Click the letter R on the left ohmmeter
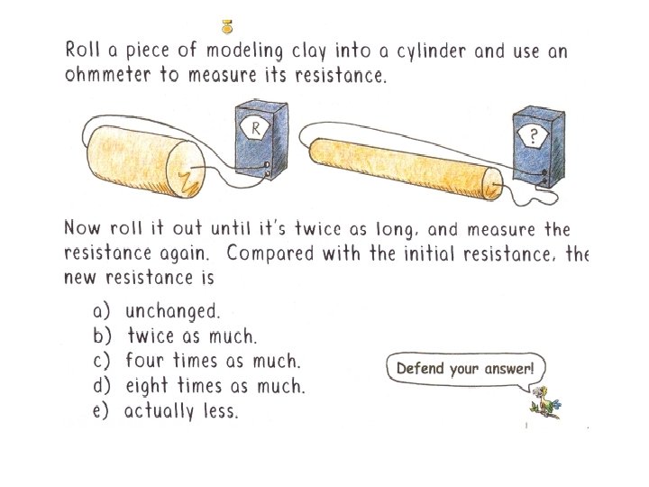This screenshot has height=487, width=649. (256, 129)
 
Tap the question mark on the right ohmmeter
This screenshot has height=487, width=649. (534, 135)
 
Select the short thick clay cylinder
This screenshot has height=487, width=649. (147, 161)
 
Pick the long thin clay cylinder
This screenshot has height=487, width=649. (407, 169)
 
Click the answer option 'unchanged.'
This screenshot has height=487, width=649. (172, 311)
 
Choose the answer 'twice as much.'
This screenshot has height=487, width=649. (192, 335)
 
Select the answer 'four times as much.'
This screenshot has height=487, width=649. (213, 360)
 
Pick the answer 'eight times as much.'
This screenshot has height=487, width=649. (215, 386)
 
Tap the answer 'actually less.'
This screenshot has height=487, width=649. (181, 411)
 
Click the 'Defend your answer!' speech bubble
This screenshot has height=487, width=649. (466, 369)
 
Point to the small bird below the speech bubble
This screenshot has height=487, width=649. (545, 403)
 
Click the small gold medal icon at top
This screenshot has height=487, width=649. (227, 27)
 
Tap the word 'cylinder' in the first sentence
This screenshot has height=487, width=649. (431, 51)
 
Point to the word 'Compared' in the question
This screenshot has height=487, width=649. (270, 253)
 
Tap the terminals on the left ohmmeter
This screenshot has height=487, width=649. (267, 169)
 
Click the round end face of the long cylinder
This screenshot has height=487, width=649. (492, 184)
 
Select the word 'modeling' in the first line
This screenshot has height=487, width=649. (244, 51)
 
